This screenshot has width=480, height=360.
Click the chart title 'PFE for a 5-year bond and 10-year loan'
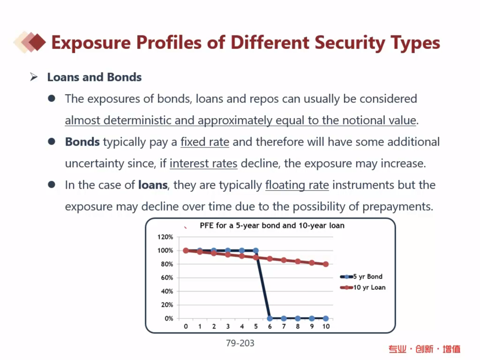272,225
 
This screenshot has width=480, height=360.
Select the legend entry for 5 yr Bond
367,277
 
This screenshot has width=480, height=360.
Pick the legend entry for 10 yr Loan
369,287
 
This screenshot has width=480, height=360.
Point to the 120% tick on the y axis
165,237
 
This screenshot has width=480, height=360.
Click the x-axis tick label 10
325,326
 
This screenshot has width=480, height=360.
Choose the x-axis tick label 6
270,326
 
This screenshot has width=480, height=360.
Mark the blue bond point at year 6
270,318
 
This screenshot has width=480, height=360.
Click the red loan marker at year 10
325,264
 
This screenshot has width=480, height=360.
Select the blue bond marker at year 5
256,251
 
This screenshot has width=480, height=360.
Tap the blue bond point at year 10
325,318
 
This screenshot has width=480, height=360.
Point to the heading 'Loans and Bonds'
94,77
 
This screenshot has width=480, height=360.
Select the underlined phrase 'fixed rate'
205,142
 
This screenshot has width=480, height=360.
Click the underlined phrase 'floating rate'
297,185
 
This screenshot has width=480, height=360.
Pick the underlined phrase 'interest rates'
203,164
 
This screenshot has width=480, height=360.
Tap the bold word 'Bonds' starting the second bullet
82,142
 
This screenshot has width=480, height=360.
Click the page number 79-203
240,344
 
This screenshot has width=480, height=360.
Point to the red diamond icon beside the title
36,43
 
